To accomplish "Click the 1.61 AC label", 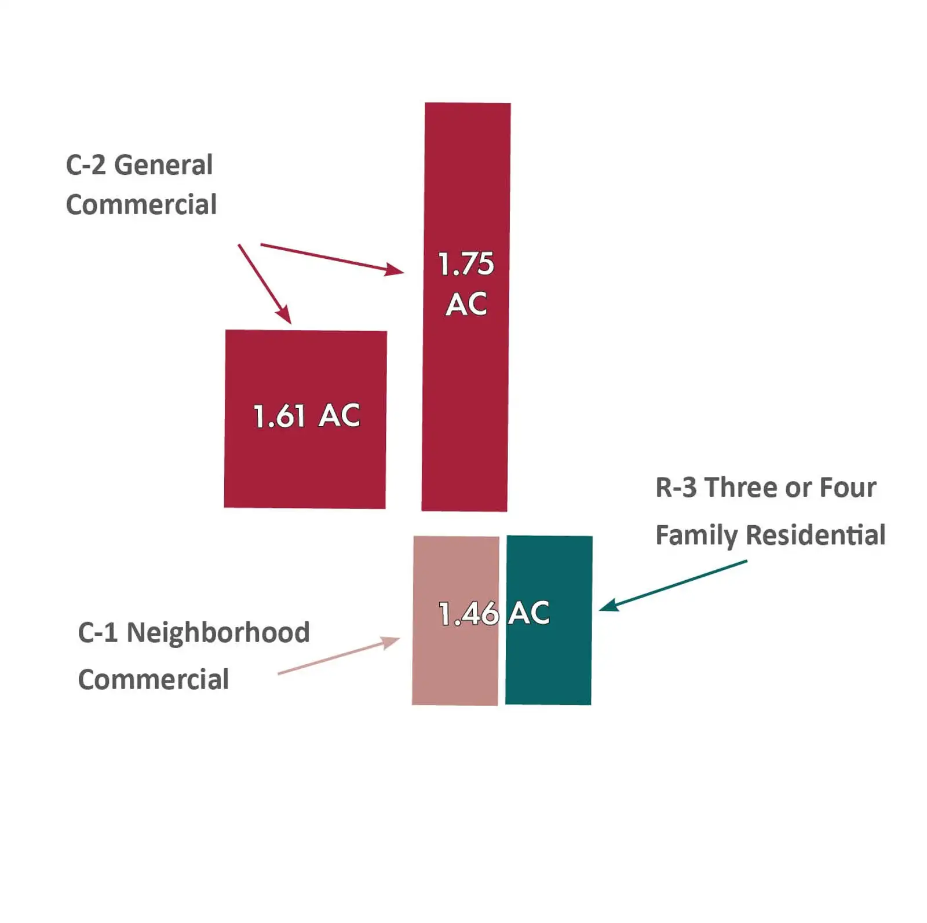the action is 306,416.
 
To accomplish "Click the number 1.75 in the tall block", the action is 466,264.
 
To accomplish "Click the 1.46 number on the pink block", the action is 468,614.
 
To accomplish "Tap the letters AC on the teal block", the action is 529,613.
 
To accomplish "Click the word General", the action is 163,166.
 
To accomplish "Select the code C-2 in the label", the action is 86,166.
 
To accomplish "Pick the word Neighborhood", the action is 218,632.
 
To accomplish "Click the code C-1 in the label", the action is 97,632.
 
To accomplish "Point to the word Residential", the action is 816,535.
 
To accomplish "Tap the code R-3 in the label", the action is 676,488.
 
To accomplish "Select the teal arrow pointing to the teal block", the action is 672,585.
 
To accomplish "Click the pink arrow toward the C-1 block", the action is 339,655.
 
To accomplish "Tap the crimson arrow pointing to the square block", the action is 264,284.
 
